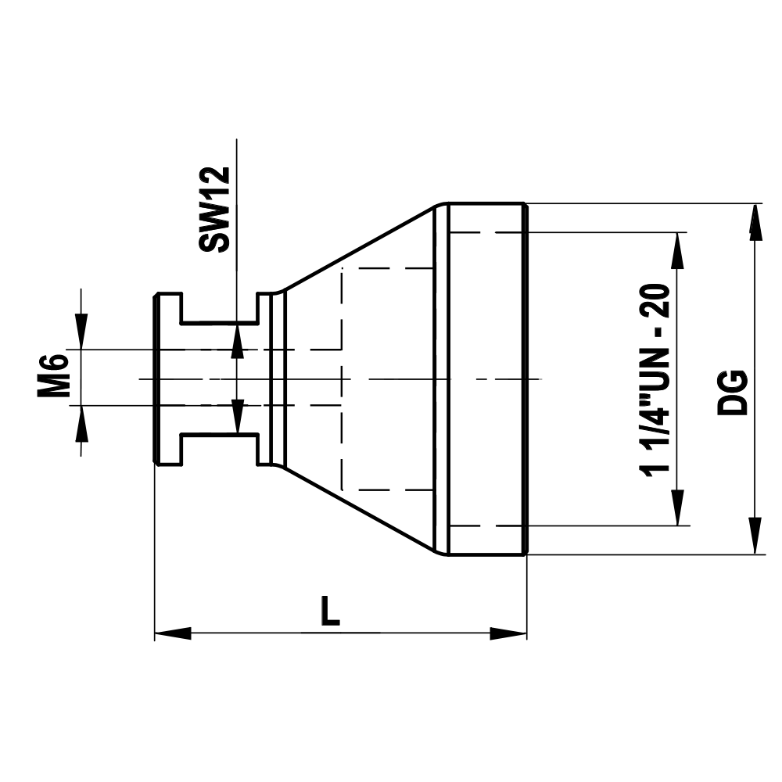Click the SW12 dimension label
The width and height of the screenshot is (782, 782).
tap(213, 209)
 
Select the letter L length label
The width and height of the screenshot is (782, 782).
tap(331, 611)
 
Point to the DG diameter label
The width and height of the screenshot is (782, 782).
tap(734, 391)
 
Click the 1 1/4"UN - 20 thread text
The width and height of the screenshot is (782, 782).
tap(655, 378)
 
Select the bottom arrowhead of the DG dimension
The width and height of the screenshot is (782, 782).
tap(755, 536)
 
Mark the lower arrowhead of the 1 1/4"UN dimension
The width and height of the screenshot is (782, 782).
tap(678, 508)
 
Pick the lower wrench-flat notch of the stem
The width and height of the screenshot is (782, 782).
tap(220, 448)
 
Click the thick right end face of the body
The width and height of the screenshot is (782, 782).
tap(525, 378)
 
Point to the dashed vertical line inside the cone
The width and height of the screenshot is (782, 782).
tap(343, 378)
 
